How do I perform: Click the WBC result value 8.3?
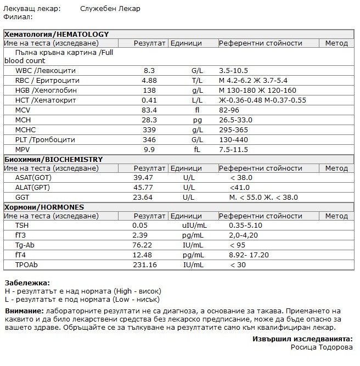(149, 71)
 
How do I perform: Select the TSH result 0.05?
(140, 226)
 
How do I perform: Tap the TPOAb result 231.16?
(144, 265)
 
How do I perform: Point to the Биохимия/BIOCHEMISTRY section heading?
(53, 159)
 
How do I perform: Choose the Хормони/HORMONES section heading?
(44, 207)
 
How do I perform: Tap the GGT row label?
(22, 198)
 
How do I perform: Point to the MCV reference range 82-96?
(229, 110)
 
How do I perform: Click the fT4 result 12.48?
(143, 255)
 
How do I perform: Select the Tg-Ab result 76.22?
(143, 245)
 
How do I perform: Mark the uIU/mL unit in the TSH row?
(194, 226)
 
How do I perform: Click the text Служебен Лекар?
(110, 9)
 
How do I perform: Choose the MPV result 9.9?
(149, 150)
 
